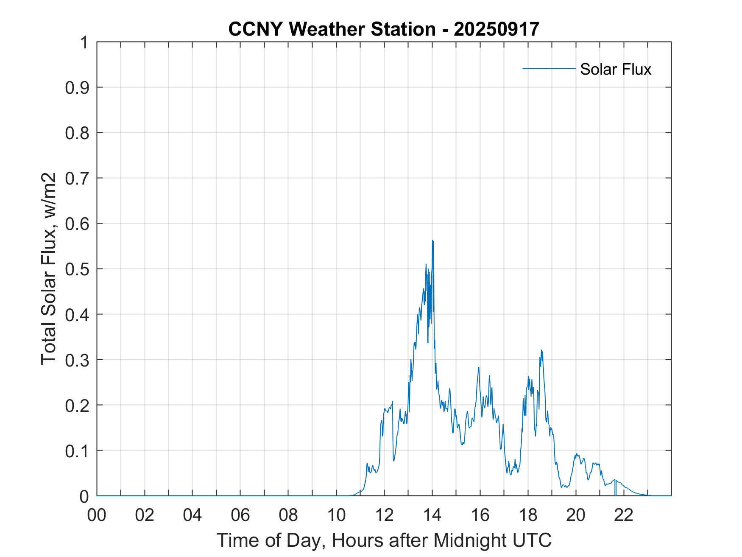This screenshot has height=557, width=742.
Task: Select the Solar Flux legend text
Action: click(615, 69)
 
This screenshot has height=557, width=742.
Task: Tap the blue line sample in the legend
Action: click(549, 68)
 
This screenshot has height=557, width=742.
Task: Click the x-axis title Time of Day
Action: click(384, 540)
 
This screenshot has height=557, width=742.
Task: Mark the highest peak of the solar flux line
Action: click(432, 241)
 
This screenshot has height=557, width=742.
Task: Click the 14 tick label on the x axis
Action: click(432, 515)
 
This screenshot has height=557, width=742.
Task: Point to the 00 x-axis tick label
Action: click(97, 515)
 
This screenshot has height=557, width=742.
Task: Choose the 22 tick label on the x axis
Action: click(624, 515)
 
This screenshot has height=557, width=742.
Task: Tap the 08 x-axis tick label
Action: click(289, 515)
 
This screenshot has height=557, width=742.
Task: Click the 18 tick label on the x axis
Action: click(528, 515)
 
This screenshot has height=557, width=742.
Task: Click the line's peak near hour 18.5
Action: click(541, 350)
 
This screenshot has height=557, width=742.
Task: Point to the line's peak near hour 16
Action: click(479, 367)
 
